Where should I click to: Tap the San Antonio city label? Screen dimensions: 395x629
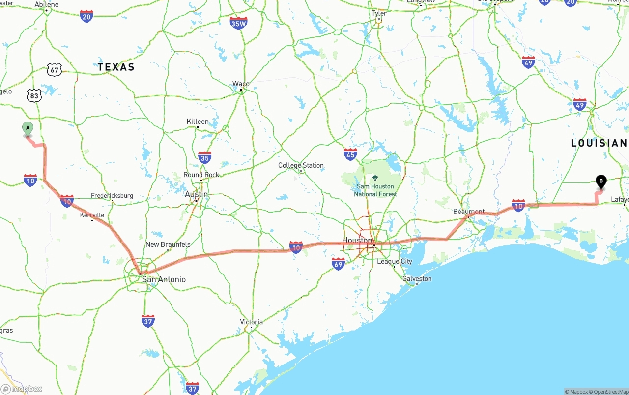(x=164, y=279)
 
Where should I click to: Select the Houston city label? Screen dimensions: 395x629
(x=357, y=240)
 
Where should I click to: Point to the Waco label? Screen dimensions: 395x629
(x=241, y=84)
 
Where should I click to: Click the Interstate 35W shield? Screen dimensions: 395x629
(x=238, y=23)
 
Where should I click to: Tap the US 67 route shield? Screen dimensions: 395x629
(x=55, y=70)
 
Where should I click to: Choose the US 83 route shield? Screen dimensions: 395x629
(x=34, y=95)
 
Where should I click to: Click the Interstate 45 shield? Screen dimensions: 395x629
(x=350, y=154)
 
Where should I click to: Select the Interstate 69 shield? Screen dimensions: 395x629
(x=338, y=264)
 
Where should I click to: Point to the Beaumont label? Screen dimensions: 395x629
(x=469, y=212)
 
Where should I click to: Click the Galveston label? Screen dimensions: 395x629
(x=417, y=279)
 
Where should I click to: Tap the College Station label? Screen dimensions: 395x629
(x=301, y=165)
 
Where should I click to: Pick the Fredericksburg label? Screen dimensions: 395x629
(x=112, y=196)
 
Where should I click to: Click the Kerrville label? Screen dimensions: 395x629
(x=92, y=215)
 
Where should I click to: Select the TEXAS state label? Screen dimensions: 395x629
(x=116, y=67)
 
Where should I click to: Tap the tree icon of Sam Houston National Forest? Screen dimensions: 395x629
(x=375, y=178)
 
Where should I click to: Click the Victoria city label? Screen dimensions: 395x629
(x=252, y=322)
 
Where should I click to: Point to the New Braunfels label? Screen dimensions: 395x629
(x=168, y=244)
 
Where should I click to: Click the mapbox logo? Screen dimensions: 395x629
(x=22, y=389)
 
